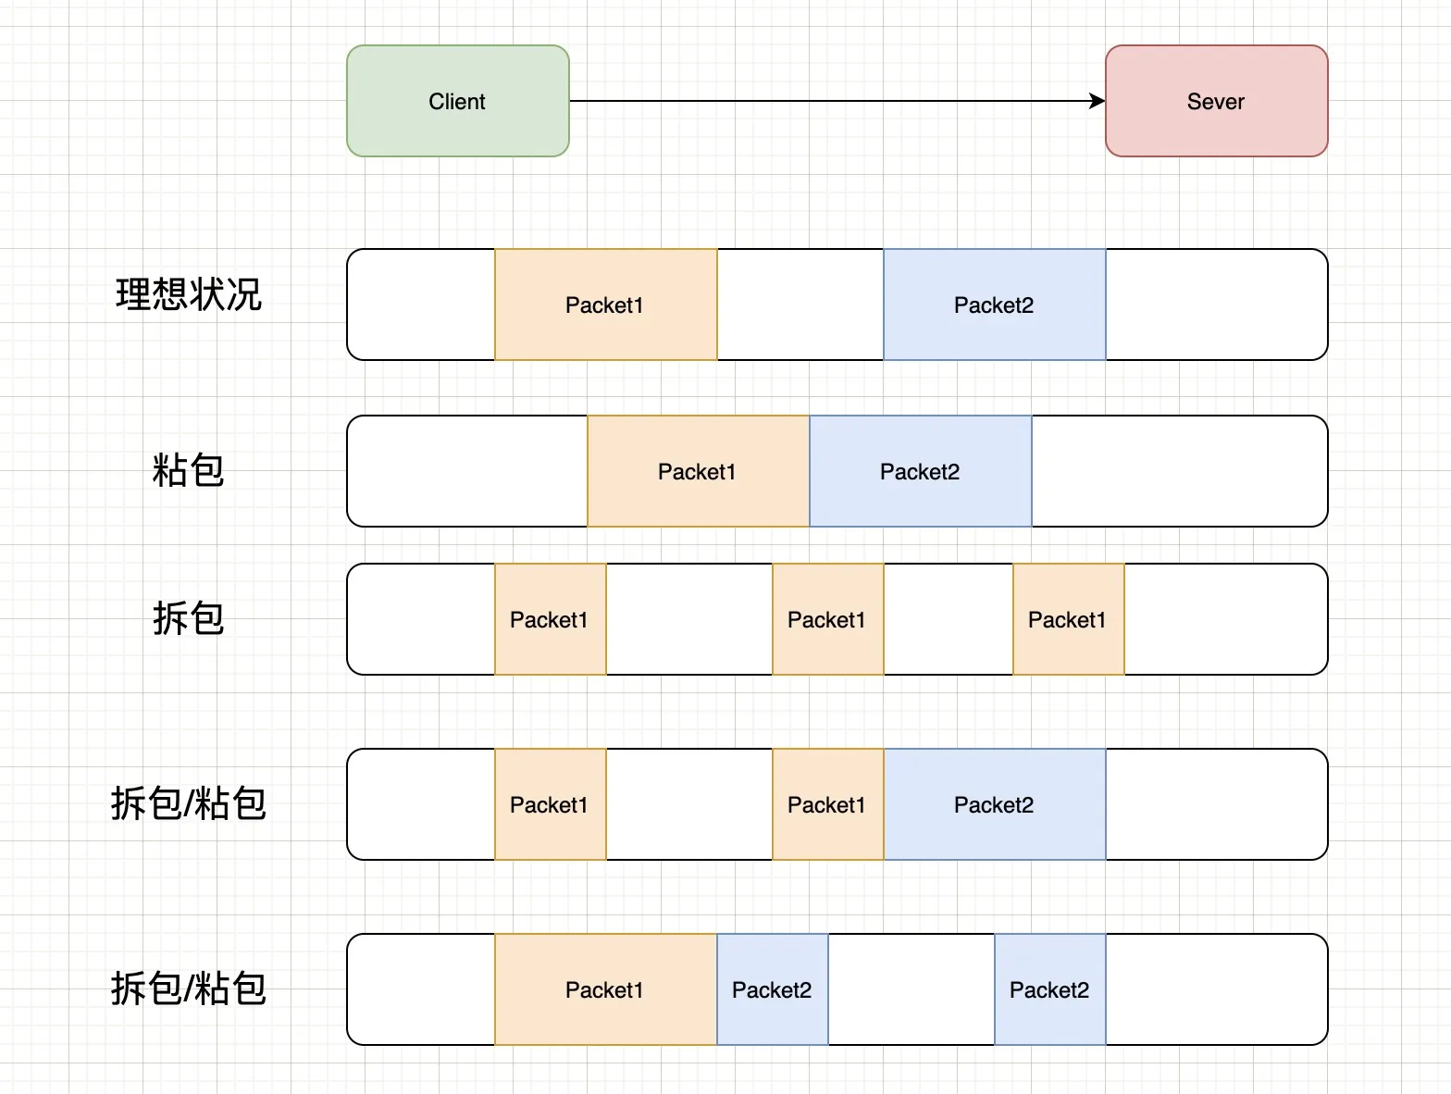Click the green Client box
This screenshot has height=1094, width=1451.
tap(457, 101)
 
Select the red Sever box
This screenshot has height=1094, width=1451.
tap(1216, 101)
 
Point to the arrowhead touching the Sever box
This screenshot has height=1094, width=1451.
tap(1098, 101)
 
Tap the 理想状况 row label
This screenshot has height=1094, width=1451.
tap(189, 294)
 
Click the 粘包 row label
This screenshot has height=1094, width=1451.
tap(189, 470)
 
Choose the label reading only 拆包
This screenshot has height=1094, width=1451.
tap(189, 618)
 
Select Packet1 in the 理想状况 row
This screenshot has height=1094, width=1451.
tap(605, 305)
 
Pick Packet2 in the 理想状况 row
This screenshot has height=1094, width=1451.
tap(994, 305)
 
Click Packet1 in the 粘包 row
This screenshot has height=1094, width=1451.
tap(698, 471)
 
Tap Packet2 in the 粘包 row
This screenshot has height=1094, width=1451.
tap(920, 471)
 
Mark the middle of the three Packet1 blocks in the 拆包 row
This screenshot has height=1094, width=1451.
tap(827, 619)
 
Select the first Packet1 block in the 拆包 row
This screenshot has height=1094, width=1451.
tap(550, 619)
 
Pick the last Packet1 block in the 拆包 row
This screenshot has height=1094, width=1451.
tap(1068, 619)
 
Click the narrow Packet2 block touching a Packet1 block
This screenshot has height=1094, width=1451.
tap(772, 989)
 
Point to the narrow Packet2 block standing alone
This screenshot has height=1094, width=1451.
tap(1049, 989)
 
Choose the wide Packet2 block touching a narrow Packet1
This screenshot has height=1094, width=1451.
tap(994, 804)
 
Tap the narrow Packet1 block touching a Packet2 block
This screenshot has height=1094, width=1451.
tap(827, 804)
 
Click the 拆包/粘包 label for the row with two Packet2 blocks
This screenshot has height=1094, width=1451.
tap(189, 988)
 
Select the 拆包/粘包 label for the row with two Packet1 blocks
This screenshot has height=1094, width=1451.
tap(189, 803)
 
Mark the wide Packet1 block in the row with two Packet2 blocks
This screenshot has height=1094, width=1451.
tap(605, 989)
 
